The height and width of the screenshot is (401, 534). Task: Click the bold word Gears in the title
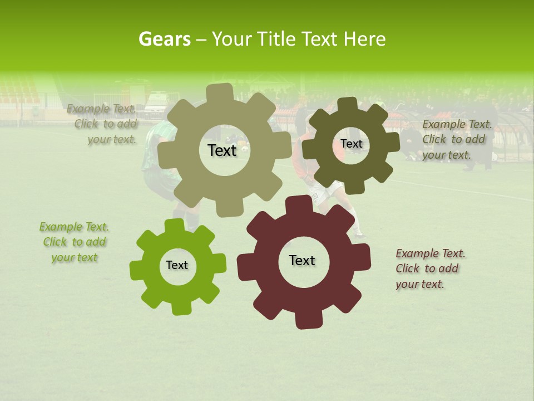(164, 39)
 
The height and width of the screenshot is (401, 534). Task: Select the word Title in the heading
(276, 39)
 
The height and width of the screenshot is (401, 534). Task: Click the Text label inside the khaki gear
(222, 150)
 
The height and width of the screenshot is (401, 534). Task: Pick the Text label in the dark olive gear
(351, 144)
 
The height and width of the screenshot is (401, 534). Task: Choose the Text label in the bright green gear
(177, 265)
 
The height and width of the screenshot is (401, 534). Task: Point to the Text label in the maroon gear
(302, 260)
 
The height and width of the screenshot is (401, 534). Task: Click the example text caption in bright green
(74, 242)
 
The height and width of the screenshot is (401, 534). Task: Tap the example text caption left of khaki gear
(103, 124)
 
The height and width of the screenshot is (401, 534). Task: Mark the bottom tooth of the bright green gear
(179, 309)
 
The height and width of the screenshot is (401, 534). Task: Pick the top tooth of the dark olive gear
(348, 104)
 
